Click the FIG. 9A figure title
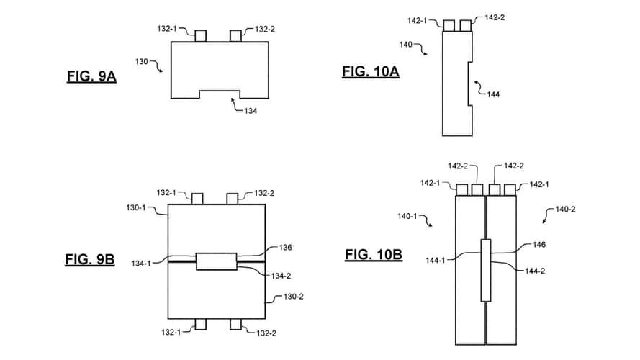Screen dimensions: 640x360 pyautogui.click(x=91, y=76)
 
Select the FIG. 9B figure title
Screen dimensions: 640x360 pyautogui.click(x=90, y=260)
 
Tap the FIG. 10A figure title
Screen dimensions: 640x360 pyautogui.click(x=371, y=71)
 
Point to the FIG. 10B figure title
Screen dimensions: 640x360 pyautogui.click(x=374, y=255)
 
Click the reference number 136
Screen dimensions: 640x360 pyautogui.click(x=285, y=248)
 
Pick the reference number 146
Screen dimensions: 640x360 pyautogui.click(x=538, y=245)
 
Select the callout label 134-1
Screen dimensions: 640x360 pyautogui.click(x=141, y=264)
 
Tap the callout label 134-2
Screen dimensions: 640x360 pyautogui.click(x=281, y=276)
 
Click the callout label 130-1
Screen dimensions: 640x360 pyautogui.click(x=136, y=208)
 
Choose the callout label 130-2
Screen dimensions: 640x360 pyautogui.click(x=294, y=297)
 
